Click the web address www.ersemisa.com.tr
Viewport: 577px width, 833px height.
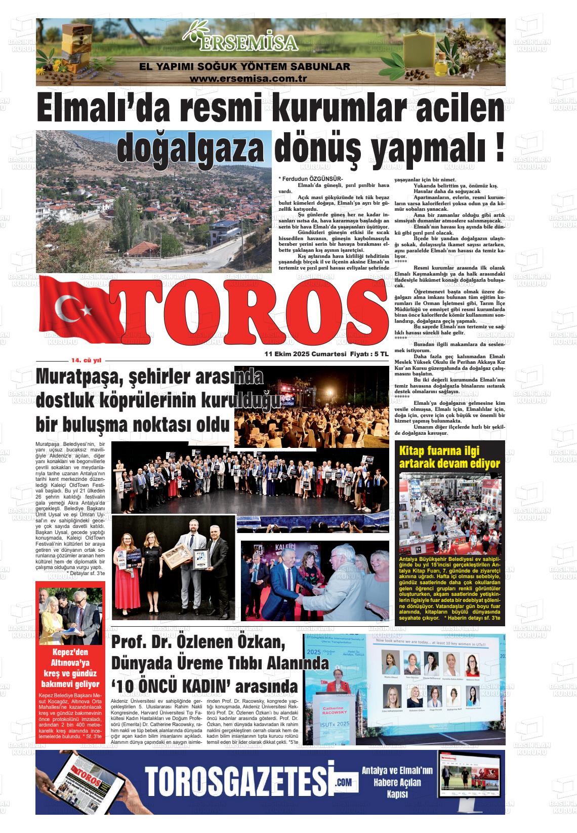(x=249, y=79)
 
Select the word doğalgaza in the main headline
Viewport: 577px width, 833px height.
(x=192, y=147)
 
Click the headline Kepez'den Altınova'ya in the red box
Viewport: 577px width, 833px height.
(x=71, y=657)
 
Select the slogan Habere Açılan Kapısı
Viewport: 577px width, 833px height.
(x=397, y=782)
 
